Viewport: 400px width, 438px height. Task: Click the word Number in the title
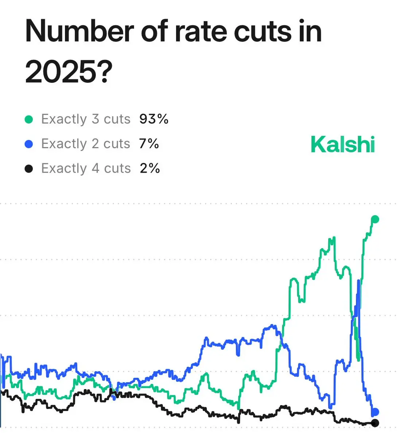[79, 31]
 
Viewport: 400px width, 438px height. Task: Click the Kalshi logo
[343, 144]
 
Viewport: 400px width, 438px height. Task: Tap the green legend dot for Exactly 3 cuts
[29, 119]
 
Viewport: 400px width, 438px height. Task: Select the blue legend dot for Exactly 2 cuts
[29, 144]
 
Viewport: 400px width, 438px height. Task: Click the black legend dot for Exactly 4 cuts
[29, 169]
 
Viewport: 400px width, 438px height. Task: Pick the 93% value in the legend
[154, 119]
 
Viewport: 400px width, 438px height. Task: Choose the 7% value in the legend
[149, 144]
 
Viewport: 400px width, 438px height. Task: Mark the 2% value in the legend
[149, 168]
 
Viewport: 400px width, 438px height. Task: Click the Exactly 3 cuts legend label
[86, 119]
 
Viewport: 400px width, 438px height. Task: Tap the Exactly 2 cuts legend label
[86, 144]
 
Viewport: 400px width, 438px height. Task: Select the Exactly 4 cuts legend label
[86, 168]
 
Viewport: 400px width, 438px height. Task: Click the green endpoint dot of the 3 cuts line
[375, 219]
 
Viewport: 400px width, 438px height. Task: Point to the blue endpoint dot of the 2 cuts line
[375, 412]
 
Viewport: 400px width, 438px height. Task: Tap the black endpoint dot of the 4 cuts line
[375, 423]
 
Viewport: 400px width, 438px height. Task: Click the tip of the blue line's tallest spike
[359, 280]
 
